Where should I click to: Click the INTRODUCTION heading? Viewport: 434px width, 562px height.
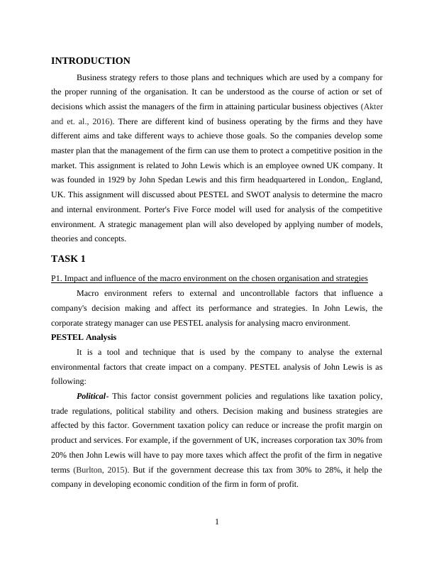(91, 61)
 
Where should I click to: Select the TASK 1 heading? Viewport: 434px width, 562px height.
(68, 258)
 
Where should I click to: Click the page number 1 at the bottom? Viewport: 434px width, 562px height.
(217, 523)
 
